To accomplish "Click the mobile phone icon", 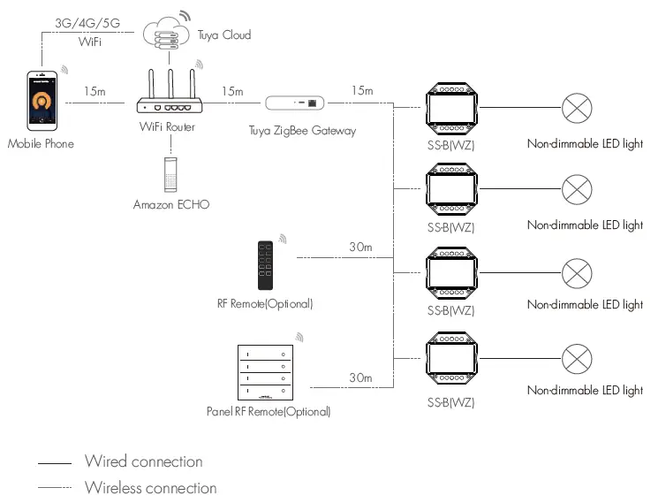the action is [42, 101].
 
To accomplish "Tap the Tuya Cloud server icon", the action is [166, 34].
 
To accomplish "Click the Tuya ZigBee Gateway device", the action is [294, 103].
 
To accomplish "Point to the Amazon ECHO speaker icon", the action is [170, 175].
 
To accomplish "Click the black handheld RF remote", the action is [266, 265].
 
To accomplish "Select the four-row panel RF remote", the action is [266, 372].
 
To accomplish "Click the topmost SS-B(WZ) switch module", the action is [452, 109].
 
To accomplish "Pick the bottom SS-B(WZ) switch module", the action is [452, 358].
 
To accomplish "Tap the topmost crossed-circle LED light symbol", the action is [577, 108].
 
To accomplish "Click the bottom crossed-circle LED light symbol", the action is [577, 359].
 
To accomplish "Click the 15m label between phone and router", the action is [95, 91].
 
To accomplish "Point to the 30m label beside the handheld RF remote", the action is [360, 247].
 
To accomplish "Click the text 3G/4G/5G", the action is [87, 23].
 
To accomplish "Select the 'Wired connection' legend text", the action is [144, 461].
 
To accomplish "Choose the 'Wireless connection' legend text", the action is [151, 488].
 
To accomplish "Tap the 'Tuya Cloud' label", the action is [224, 34].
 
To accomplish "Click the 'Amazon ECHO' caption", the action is [171, 204].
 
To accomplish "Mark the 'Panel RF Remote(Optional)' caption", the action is [269, 411].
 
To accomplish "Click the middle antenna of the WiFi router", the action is [170, 84].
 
